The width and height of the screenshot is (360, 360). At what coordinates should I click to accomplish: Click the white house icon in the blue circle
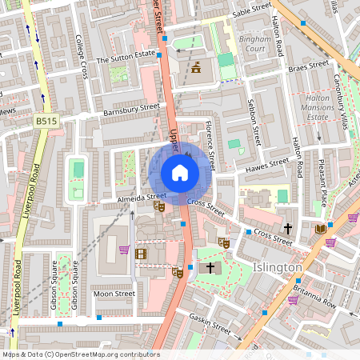(x=179, y=172)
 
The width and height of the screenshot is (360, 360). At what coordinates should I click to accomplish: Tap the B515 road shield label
(x=46, y=120)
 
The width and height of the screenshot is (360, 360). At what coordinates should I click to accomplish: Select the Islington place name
(x=277, y=266)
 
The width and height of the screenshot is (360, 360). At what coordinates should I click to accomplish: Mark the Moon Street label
(x=114, y=294)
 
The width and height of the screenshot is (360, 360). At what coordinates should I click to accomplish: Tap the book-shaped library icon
(x=321, y=229)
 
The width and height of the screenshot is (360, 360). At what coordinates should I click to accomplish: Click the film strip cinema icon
(x=142, y=254)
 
